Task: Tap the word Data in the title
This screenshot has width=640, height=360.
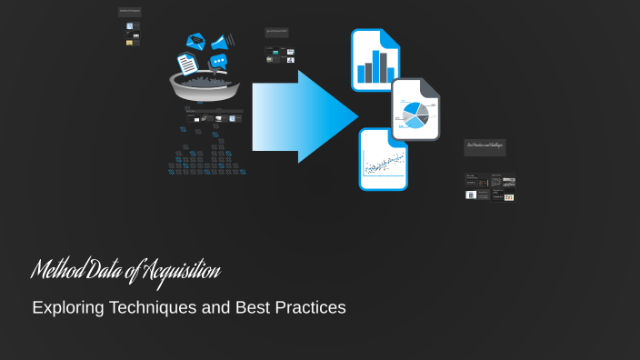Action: tap(111, 271)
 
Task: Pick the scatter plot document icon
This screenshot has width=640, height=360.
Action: tap(383, 159)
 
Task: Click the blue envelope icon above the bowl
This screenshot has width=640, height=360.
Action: tap(195, 41)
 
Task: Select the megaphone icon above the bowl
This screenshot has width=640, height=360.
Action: tap(220, 42)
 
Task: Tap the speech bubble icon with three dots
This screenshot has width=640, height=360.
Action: tap(218, 62)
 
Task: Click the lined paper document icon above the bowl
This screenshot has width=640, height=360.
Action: tap(187, 65)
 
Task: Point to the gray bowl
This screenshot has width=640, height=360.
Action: tap(205, 86)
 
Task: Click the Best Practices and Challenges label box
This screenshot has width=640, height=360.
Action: tap(485, 145)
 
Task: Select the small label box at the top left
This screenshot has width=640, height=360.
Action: tap(130, 12)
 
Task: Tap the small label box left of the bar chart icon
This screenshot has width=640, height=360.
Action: tap(277, 32)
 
